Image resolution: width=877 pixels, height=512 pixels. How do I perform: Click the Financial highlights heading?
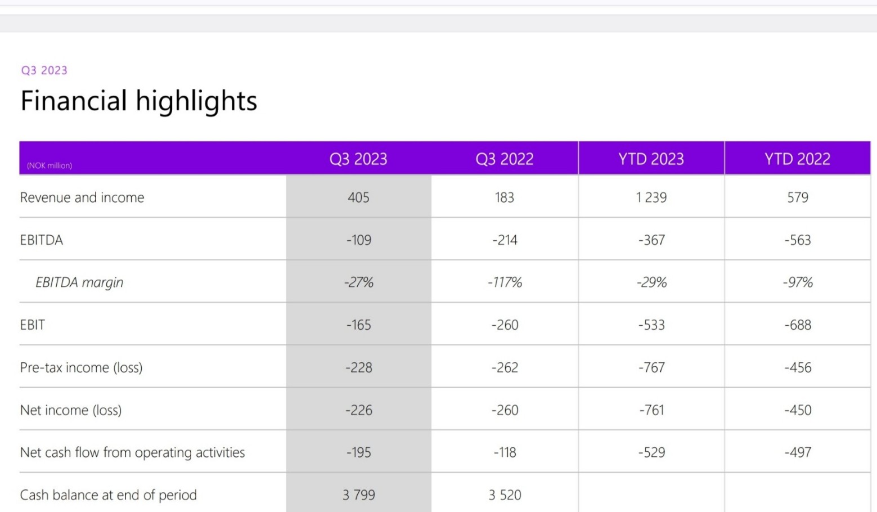(138, 101)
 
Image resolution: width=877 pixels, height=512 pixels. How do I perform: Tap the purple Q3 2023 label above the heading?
(44, 70)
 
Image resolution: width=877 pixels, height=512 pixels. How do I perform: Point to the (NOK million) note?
(50, 165)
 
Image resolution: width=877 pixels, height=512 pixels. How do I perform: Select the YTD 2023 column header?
(651, 159)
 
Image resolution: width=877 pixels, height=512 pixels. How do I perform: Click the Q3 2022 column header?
(504, 159)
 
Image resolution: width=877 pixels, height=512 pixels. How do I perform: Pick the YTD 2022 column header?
(797, 159)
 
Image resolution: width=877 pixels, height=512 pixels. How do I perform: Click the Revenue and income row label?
(82, 197)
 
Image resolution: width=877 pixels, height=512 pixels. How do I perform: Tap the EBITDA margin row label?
(79, 282)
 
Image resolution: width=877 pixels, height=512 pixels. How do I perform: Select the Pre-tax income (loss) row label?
(82, 367)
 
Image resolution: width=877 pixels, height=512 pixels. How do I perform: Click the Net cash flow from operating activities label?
(132, 452)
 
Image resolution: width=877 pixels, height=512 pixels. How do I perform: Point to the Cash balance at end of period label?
(109, 495)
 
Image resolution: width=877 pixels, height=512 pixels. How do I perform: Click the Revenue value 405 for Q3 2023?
(358, 197)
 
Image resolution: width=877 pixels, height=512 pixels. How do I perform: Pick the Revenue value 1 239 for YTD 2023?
(651, 197)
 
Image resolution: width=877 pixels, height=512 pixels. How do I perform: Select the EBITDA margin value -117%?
(505, 282)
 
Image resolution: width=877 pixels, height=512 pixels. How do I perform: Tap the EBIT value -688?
(798, 325)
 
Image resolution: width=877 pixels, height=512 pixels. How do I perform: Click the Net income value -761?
(651, 410)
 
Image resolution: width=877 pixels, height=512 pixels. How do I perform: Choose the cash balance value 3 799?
(359, 495)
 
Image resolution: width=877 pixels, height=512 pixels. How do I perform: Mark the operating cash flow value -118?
(505, 452)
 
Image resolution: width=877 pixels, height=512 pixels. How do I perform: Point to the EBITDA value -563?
(798, 240)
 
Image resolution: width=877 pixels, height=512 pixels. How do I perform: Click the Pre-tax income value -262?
(505, 367)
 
